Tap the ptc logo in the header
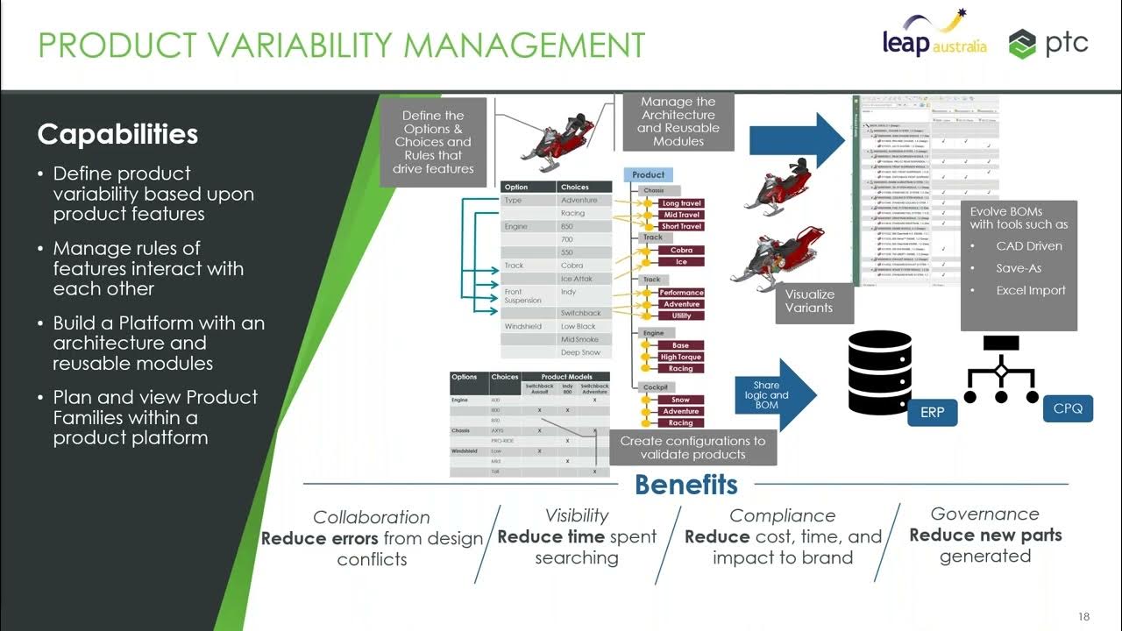[1048, 43]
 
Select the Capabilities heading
[117, 134]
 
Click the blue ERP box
[932, 412]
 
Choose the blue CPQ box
[1068, 408]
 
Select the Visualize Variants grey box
[808, 301]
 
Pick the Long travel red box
[681, 203]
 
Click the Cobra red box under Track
[681, 250]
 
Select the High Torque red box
[681, 357]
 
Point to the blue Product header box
[649, 174]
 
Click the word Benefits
[685, 485]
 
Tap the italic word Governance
[984, 514]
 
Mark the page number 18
[1083, 617]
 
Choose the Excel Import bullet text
[1031, 290]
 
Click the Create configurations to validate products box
[692, 447]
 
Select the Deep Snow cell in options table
[580, 352]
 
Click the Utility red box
[681, 315]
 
